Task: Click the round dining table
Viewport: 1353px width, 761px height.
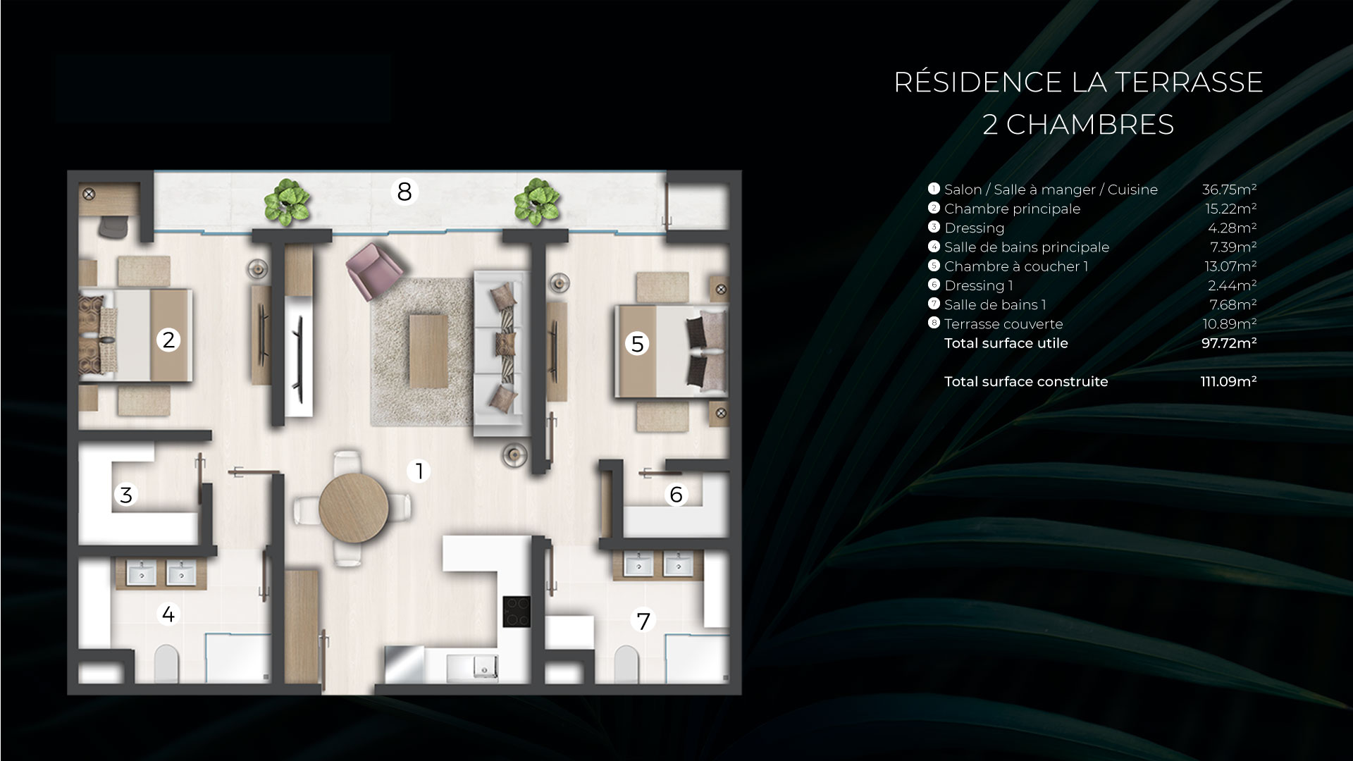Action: coord(353,507)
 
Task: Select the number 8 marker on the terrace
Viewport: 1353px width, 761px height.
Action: coord(404,191)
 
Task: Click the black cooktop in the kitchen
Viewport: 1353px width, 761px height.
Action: coord(517,611)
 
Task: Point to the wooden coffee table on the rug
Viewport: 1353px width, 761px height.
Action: coord(428,351)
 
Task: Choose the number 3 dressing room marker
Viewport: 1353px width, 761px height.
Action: coord(126,495)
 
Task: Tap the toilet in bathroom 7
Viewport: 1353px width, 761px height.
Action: coord(625,664)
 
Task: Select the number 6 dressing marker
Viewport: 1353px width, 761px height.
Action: coord(676,495)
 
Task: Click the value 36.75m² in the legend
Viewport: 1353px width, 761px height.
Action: coord(1229,190)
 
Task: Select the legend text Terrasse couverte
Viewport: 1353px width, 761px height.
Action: coord(1003,324)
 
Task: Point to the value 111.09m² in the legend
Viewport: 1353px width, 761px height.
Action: coord(1228,382)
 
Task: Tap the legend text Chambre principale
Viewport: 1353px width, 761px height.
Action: coord(1012,209)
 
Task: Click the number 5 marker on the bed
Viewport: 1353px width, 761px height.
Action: coord(637,344)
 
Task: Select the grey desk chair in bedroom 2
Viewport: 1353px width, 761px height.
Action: coord(111,226)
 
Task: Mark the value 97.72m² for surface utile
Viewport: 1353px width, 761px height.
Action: coord(1228,343)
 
